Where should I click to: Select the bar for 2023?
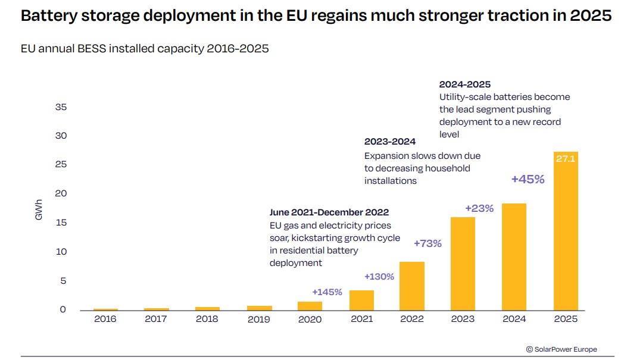point(463,264)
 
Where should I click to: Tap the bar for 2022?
point(412,286)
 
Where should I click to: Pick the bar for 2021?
point(361,300)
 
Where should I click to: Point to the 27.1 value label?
point(566,159)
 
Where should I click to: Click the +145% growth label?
point(327,292)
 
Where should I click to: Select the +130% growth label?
point(379,277)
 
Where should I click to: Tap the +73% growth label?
point(427,243)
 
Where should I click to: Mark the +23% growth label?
point(479,208)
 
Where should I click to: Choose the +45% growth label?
point(528,179)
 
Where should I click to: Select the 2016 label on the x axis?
point(105,320)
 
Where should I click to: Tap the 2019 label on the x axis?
point(259,320)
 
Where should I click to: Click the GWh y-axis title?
point(39,212)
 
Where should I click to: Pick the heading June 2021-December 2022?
point(329,212)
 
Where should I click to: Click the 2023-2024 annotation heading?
point(389,142)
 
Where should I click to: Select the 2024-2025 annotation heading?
point(465,84)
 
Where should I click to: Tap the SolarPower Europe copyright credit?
point(561,349)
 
